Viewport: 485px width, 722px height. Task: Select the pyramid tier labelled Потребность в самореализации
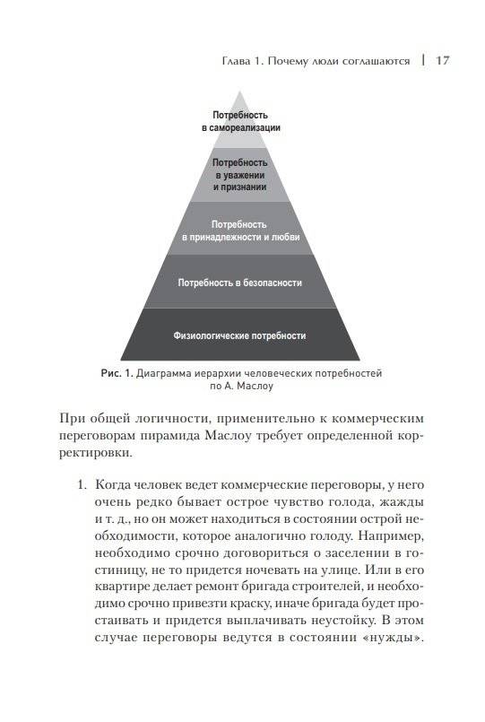[240, 122]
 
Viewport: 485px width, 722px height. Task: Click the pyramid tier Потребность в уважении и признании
[240, 174]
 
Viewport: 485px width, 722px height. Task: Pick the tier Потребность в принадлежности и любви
[240, 230]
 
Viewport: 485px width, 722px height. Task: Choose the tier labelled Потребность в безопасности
[240, 283]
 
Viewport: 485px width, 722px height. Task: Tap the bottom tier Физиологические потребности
[240, 335]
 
